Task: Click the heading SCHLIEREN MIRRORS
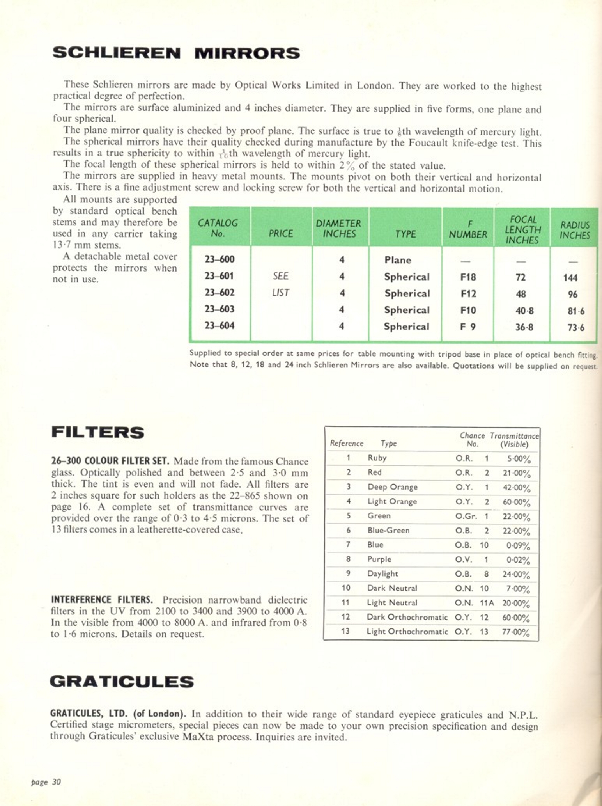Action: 176,53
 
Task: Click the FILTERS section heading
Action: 97,433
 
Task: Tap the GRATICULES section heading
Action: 122,682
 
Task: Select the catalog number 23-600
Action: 220,259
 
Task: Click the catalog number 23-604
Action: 220,325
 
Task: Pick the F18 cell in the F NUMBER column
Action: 468,277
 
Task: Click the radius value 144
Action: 570,278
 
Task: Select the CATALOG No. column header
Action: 218,228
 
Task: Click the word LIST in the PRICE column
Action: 280,293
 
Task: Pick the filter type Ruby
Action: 377,458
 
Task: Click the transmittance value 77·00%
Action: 515,632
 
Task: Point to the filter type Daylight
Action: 382,573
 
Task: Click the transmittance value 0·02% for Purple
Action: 518,560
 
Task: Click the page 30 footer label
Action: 46,782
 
